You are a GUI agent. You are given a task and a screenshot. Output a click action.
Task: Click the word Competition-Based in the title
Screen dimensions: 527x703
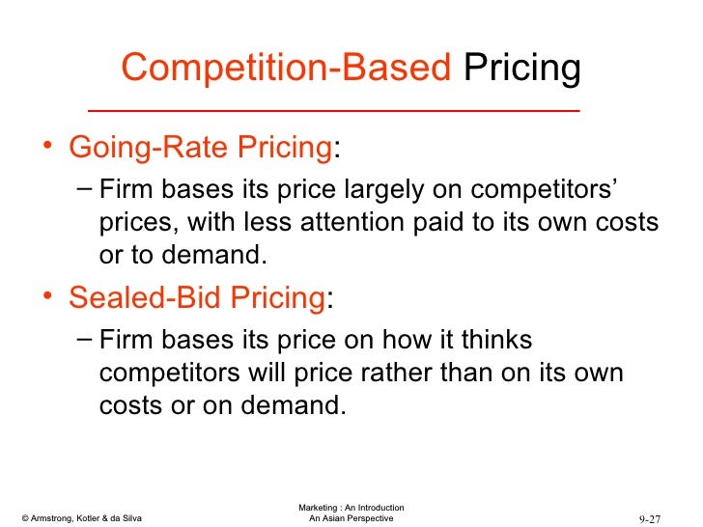tap(286, 69)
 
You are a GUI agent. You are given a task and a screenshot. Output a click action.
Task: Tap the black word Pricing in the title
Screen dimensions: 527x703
tap(522, 69)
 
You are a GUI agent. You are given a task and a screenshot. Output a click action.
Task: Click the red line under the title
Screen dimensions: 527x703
tap(333, 111)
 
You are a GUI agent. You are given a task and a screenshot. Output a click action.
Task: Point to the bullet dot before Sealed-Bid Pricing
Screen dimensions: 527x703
tap(47, 299)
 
